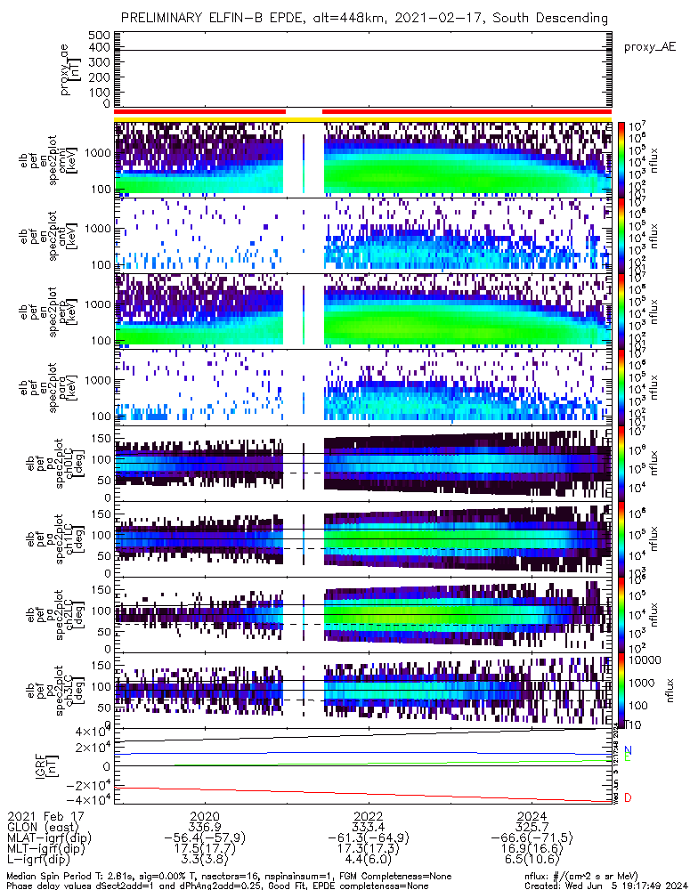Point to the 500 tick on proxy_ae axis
coord(99,35)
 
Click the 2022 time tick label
coord(369,816)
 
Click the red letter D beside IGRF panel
coord(629,798)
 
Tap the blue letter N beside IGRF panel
coord(629,750)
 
